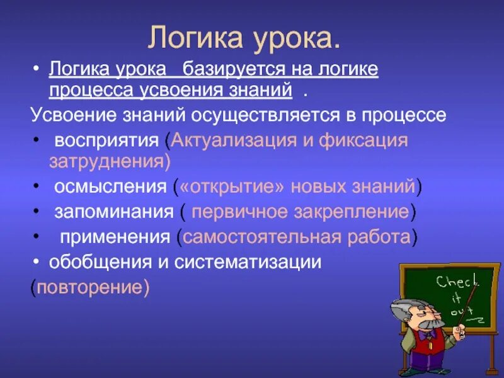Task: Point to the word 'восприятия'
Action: pyautogui.click(x=108, y=139)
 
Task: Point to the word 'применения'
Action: pyautogui.click(x=115, y=237)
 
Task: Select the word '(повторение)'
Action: pyautogui.click(x=91, y=287)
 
